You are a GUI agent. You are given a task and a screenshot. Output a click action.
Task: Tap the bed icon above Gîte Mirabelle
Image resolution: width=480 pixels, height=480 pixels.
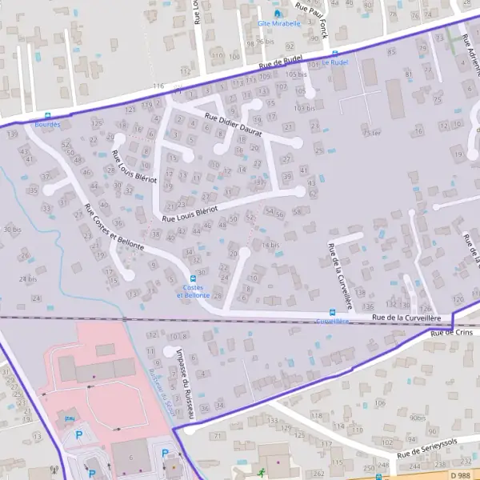tap(278, 13)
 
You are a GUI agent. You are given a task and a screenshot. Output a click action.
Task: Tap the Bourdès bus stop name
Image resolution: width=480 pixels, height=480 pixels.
tap(48, 124)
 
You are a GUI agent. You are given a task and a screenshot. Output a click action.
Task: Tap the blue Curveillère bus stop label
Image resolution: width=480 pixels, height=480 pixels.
tap(333, 321)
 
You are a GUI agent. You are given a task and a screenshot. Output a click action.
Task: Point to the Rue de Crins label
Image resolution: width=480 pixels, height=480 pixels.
tap(452, 332)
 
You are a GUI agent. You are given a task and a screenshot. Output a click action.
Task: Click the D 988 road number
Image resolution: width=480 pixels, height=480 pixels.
tap(459, 475)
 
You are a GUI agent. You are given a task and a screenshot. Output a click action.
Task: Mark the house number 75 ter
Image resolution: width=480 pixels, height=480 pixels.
tap(370, 133)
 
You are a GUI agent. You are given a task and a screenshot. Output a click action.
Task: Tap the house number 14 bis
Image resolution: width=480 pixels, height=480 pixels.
tap(270, 245)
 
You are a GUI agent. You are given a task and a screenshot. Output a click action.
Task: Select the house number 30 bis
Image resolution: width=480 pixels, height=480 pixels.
tap(12, 230)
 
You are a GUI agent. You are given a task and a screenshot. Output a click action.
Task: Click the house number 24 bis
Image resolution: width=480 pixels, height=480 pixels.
tap(27, 279)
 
